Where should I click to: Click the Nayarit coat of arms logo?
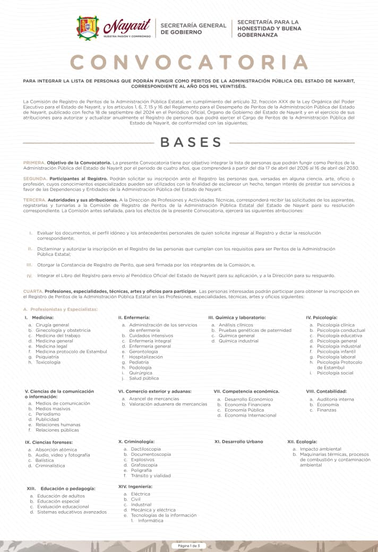coord(88,27)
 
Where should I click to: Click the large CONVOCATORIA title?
coord(189,62)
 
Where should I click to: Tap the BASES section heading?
coord(191,142)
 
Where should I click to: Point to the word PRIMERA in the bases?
coord(34,162)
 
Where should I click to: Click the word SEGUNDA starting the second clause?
coord(35,178)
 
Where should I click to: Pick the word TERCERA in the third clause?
coord(35,200)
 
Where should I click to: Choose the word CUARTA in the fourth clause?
coord(33,291)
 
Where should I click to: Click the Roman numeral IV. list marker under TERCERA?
coord(30,276)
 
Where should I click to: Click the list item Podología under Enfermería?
coord(140,367)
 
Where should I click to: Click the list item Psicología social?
coord(335,373)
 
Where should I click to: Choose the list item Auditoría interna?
coord(335,399)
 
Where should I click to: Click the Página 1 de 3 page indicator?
coord(189,546)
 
